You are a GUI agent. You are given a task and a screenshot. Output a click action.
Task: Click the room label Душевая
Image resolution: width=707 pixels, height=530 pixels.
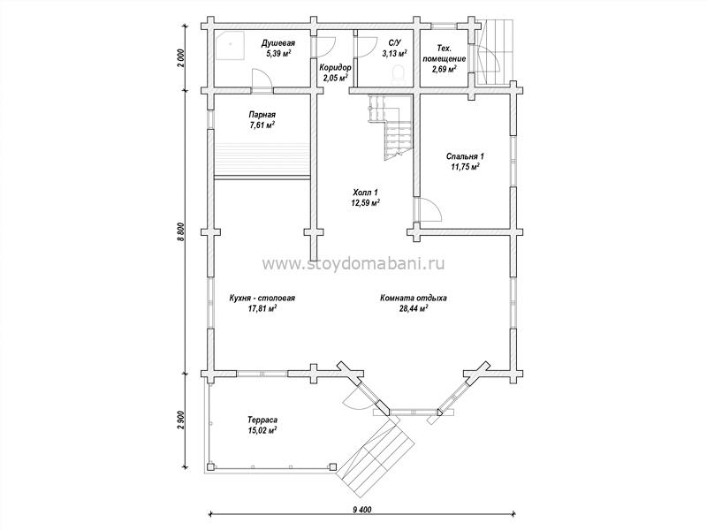pyautogui.click(x=278, y=43)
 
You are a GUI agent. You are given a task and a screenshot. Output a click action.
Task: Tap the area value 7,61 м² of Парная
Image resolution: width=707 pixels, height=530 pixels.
pyautogui.click(x=262, y=125)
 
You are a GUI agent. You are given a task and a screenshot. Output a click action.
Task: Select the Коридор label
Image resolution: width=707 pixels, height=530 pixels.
pyautogui.click(x=336, y=68)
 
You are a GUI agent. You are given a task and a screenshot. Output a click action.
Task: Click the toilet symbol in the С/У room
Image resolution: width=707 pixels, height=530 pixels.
pyautogui.click(x=399, y=74)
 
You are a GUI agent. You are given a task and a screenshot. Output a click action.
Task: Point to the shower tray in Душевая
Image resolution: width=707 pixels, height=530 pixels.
pyautogui.click(x=230, y=45)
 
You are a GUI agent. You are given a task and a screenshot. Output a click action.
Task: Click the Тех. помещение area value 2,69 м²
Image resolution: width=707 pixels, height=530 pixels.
pyautogui.click(x=445, y=69)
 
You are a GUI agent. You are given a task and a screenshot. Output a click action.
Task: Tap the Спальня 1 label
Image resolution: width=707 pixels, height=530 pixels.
pyautogui.click(x=466, y=156)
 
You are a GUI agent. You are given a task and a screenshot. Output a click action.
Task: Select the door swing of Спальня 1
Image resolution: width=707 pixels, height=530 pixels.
pyautogui.click(x=429, y=210)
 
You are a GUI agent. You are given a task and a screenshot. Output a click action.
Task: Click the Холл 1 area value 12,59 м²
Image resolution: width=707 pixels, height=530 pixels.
pyautogui.click(x=365, y=203)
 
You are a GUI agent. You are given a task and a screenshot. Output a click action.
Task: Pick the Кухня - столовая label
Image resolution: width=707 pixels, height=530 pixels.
pyautogui.click(x=262, y=299)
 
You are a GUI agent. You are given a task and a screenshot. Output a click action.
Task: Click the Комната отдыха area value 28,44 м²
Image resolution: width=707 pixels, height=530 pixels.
pyautogui.click(x=414, y=308)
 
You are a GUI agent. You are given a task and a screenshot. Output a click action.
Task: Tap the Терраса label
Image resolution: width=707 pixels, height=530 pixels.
pyautogui.click(x=262, y=420)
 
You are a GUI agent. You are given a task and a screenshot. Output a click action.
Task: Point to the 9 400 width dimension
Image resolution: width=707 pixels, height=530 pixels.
pyautogui.click(x=361, y=510)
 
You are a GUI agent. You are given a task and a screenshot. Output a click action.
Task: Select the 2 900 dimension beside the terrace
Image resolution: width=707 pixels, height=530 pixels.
pyautogui.click(x=182, y=420)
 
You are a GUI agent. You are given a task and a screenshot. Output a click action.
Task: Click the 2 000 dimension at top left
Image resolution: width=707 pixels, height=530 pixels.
pyautogui.click(x=182, y=57)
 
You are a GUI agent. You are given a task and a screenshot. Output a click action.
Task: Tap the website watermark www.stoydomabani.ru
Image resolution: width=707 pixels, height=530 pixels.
pyautogui.click(x=353, y=263)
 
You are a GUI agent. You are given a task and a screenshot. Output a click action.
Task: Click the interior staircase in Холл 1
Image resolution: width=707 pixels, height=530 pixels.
pyautogui.click(x=392, y=126)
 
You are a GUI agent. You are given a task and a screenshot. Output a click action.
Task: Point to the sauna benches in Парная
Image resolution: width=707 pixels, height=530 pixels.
pyautogui.click(x=262, y=160)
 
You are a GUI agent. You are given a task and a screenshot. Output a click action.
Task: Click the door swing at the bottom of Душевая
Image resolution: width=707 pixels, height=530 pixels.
pyautogui.click(x=262, y=80)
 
